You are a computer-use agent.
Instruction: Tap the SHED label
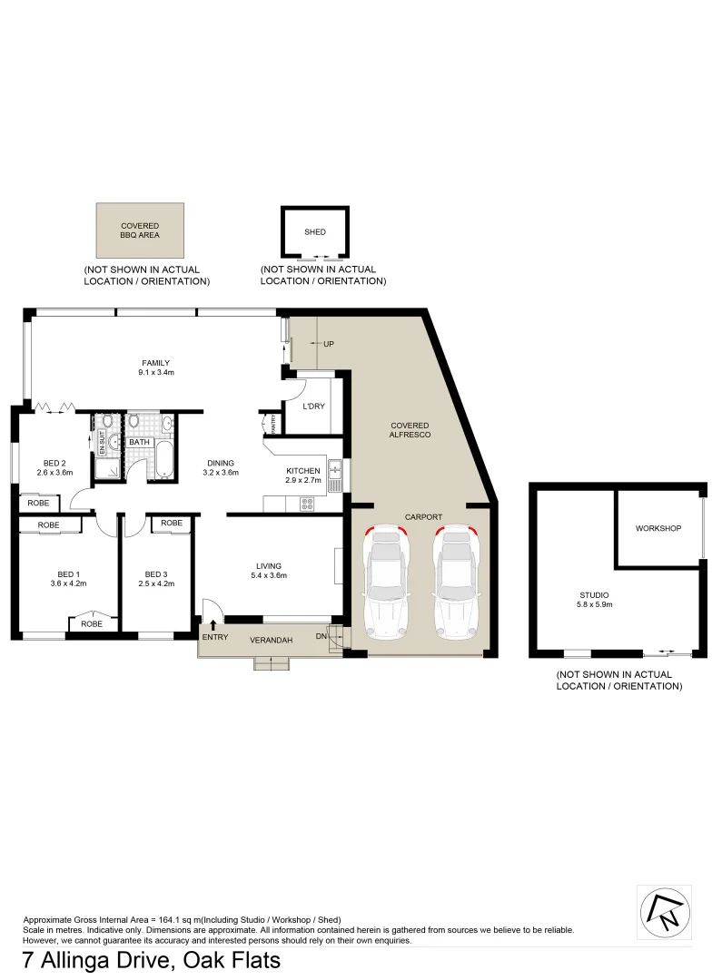[315, 232]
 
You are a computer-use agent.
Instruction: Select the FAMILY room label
[155, 363]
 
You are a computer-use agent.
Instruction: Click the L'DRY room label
[313, 406]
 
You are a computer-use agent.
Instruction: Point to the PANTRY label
[272, 423]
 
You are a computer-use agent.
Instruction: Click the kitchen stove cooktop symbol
[307, 503]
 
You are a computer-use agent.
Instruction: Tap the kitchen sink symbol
[335, 470]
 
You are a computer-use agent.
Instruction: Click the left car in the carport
[387, 583]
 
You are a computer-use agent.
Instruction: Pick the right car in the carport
[458, 583]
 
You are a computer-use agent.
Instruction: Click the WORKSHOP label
[658, 528]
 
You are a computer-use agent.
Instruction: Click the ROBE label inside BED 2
[38, 503]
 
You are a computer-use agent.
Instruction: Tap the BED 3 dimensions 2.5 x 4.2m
[157, 583]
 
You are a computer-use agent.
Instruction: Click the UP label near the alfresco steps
[329, 344]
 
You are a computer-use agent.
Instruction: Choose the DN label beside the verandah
[321, 637]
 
